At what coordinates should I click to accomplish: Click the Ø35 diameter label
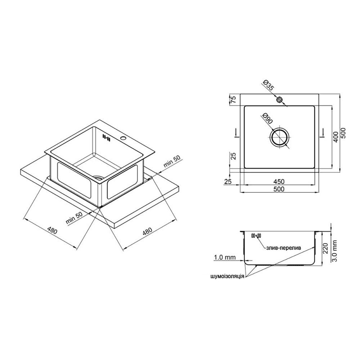point(268,85)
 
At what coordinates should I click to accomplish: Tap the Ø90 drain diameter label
point(267,119)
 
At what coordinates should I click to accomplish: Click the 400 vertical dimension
point(336,137)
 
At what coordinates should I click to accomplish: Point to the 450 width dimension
point(279,181)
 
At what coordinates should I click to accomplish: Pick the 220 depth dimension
point(325,248)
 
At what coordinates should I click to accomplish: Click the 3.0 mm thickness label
point(334,251)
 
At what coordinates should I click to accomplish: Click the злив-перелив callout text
point(283,248)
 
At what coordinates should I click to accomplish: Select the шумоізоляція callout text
point(227,276)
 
